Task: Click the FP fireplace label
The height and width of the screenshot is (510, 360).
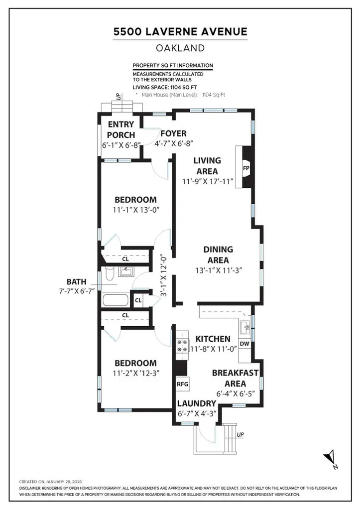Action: pyautogui.click(x=245, y=168)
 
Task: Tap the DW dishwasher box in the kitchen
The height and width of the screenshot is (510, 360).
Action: pyautogui.click(x=244, y=344)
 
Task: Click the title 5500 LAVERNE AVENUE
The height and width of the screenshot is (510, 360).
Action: pyautogui.click(x=180, y=32)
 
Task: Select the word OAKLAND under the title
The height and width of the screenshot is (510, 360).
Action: pyautogui.click(x=180, y=48)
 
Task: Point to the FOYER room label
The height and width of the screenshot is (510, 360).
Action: pyautogui.click(x=173, y=133)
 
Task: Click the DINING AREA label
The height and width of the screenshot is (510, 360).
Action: pyautogui.click(x=218, y=255)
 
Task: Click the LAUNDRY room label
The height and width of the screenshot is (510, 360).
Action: pyautogui.click(x=197, y=403)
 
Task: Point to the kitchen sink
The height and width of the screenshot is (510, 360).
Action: pyautogui.click(x=244, y=327)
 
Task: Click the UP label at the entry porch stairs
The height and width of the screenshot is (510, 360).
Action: pyautogui.click(x=118, y=97)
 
